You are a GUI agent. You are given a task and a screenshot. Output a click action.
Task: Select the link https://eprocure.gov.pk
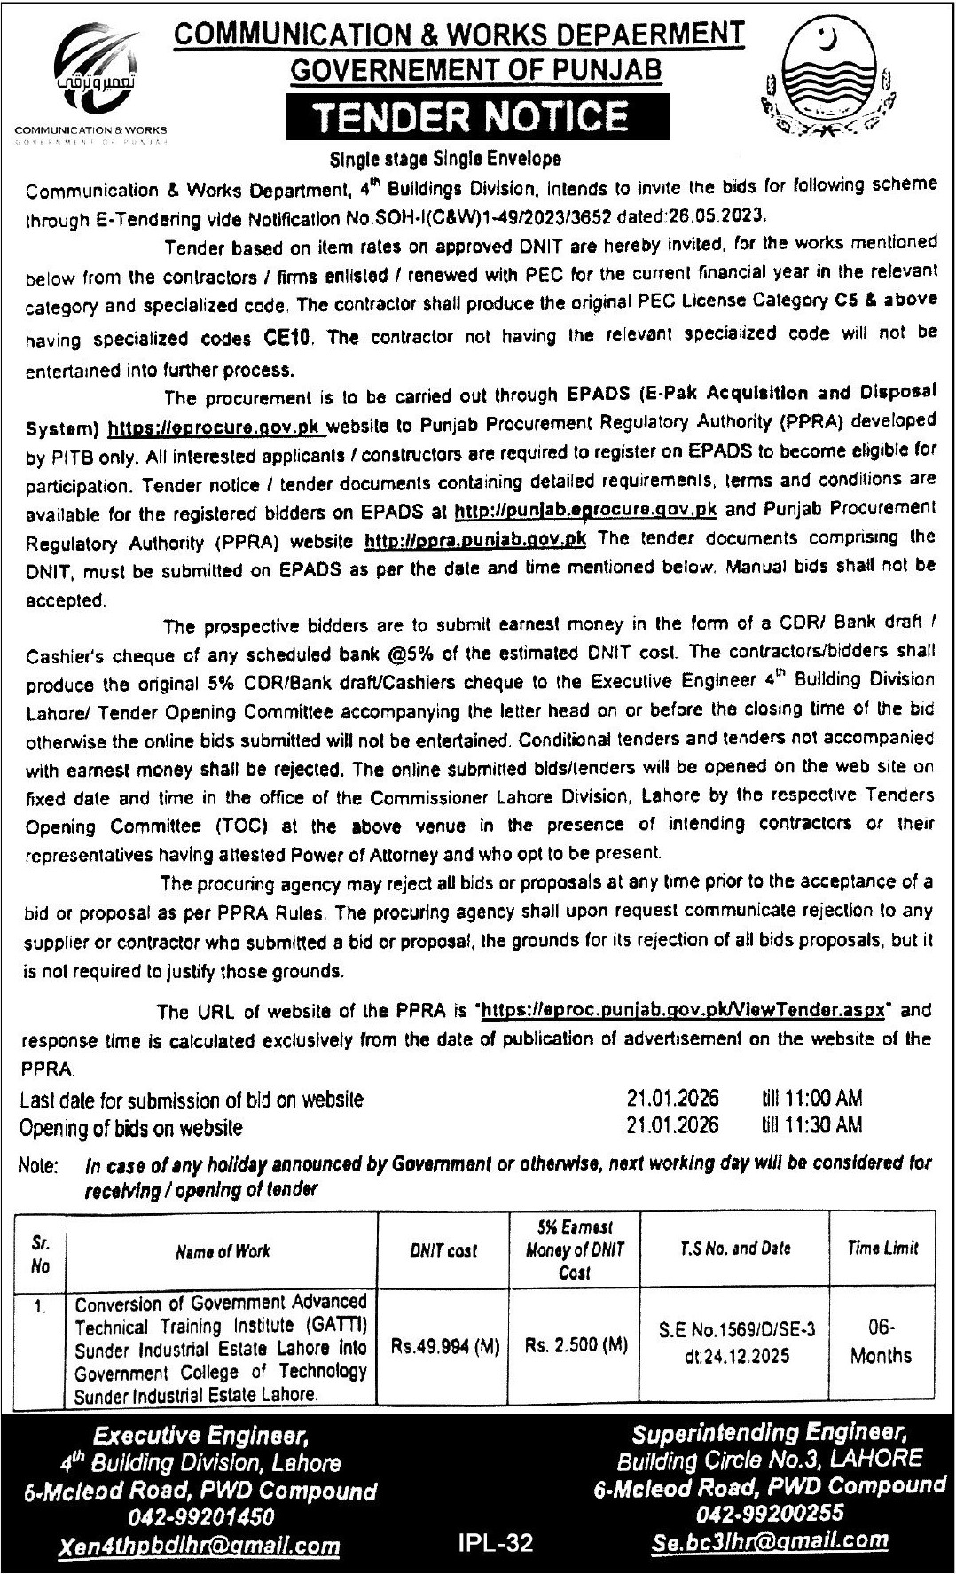point(216,429)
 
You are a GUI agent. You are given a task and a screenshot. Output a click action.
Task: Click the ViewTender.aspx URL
point(683,1010)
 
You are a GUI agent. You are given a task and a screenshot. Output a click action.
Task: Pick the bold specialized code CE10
point(284,337)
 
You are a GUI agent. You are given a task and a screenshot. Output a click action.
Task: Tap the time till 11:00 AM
point(811,1099)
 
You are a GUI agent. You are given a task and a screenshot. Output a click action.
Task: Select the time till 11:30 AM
point(811,1125)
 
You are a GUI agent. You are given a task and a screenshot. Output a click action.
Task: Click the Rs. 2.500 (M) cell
point(576,1344)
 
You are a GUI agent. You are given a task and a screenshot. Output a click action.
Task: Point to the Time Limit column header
point(882,1248)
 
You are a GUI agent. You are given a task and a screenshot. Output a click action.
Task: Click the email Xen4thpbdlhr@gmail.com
point(200,1547)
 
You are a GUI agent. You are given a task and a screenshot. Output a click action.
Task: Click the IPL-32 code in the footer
point(496,1544)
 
